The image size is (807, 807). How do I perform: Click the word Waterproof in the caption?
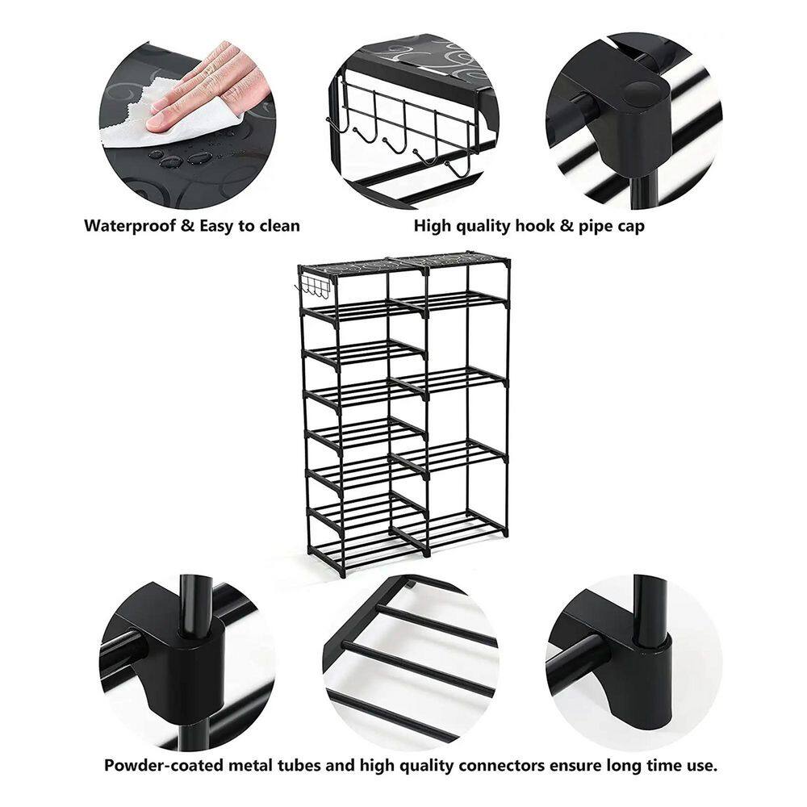(x=130, y=226)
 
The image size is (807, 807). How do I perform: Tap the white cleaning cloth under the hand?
(x=169, y=123)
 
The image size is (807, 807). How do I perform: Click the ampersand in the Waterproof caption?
(x=188, y=226)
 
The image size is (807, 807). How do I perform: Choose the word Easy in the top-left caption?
(x=216, y=227)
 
